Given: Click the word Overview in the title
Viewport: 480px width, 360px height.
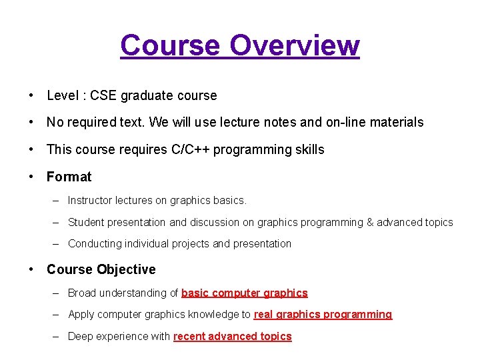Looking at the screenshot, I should [x=294, y=45].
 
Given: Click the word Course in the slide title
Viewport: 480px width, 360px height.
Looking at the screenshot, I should [x=170, y=45].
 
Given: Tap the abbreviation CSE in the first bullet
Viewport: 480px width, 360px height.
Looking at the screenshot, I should [x=103, y=95].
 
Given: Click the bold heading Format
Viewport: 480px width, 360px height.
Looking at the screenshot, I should [x=69, y=177].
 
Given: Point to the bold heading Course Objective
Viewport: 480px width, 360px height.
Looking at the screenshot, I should [x=101, y=269].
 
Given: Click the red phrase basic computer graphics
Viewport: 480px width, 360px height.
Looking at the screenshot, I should [x=244, y=293].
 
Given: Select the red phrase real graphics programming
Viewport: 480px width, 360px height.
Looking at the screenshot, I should [x=323, y=314].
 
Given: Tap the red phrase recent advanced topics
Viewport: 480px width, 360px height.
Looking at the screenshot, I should [x=232, y=336].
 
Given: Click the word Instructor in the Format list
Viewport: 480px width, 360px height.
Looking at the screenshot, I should [x=90, y=200].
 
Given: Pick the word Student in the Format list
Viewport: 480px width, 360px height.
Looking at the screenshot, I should [x=86, y=222].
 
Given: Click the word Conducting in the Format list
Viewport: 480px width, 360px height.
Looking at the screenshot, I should [x=94, y=243].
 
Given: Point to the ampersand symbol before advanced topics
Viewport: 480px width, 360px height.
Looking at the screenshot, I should [x=370, y=222].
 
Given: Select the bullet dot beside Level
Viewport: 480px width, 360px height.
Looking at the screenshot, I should [x=32, y=95].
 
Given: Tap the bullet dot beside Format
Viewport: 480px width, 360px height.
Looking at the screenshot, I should [x=32, y=177].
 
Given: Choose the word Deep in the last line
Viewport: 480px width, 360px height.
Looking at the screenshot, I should [x=80, y=336].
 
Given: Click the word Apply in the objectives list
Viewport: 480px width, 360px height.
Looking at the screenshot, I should [x=81, y=314].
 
